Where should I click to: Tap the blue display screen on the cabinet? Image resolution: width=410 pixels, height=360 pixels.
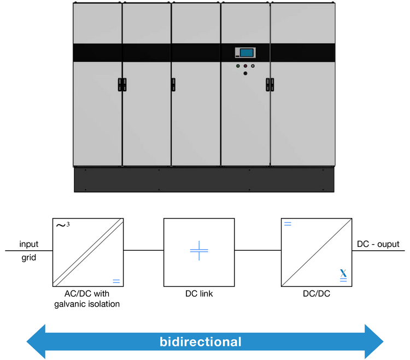tap(247, 52)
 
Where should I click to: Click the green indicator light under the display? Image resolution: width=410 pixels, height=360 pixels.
tap(238, 66)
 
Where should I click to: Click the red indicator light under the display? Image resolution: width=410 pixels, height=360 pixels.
tap(245, 66)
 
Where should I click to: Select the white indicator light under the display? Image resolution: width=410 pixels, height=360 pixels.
tap(253, 66)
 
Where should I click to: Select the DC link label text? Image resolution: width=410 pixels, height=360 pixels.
tap(199, 294)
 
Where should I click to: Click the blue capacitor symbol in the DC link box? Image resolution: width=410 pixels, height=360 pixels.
tap(199, 251)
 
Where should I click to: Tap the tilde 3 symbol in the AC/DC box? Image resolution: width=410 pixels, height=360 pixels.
tap(62, 225)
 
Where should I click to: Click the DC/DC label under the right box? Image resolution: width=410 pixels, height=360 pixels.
tap(316, 294)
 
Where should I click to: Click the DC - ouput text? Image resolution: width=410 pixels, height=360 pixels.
tap(378, 244)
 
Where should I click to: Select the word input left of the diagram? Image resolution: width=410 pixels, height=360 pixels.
tap(28, 244)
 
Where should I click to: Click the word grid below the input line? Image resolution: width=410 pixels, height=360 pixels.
tap(29, 257)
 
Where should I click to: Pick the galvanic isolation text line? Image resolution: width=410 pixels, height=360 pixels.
tap(87, 304)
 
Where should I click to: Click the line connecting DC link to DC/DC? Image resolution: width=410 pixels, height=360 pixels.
tap(257, 251)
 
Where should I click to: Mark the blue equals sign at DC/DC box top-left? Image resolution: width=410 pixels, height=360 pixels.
tap(288, 224)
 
